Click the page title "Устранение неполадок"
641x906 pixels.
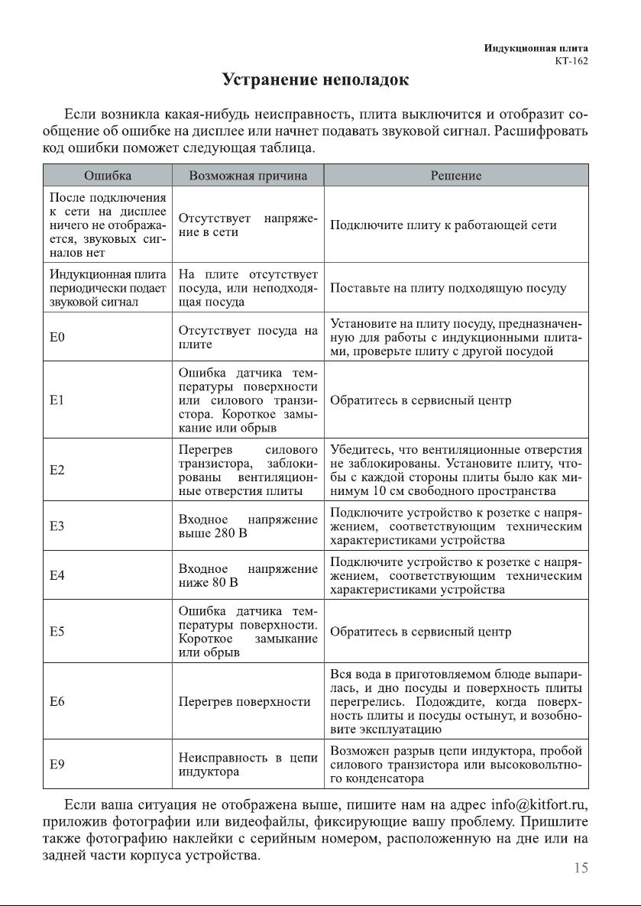coord(315,79)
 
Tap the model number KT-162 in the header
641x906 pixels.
coord(571,62)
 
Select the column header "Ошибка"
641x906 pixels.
coord(107,176)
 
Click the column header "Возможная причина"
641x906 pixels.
coord(248,176)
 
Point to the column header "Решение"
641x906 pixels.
coord(456,176)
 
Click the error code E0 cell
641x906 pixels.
coord(57,337)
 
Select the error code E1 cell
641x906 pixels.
coord(57,400)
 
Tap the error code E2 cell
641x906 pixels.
coord(57,470)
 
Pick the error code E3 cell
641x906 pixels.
coord(57,526)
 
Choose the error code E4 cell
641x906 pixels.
coord(57,575)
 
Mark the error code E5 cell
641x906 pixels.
coord(57,632)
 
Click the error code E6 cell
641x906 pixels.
coord(57,701)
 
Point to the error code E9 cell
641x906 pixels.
coord(57,764)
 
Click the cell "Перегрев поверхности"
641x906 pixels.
coord(244,701)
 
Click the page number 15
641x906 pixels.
coord(580,868)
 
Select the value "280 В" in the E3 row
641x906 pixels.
coord(228,532)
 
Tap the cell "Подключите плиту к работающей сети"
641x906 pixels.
coord(443,225)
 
